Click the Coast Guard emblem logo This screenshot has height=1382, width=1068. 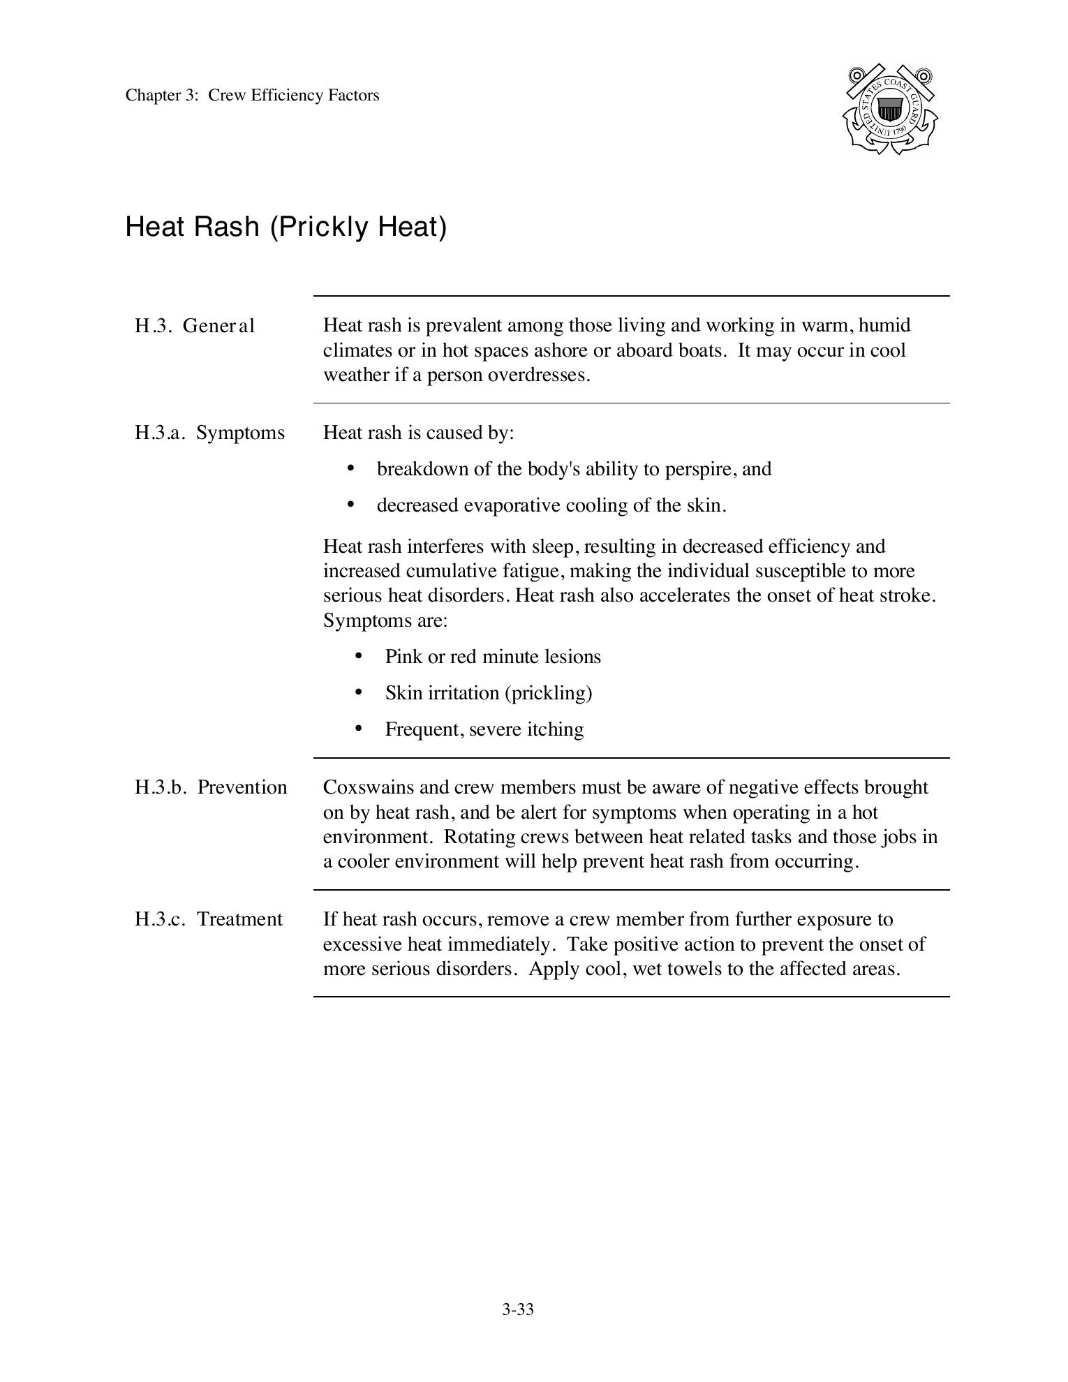pyautogui.click(x=890, y=110)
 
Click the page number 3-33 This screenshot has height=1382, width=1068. pyautogui.click(x=517, y=1309)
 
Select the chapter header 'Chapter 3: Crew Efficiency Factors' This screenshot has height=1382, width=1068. pyautogui.click(x=252, y=96)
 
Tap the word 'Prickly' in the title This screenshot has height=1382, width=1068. pyautogui.click(x=325, y=227)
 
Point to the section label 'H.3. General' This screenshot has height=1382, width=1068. pyautogui.click(x=195, y=326)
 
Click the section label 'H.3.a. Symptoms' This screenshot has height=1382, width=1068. pyautogui.click(x=209, y=433)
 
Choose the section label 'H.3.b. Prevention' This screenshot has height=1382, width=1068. pyautogui.click(x=211, y=787)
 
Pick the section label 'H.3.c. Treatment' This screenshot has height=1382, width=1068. pyautogui.click(x=209, y=919)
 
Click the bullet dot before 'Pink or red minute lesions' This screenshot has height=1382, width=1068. pyautogui.click(x=359, y=656)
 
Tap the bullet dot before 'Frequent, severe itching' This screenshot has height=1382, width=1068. pyautogui.click(x=359, y=729)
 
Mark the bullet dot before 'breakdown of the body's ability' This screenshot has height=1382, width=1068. pyautogui.click(x=350, y=468)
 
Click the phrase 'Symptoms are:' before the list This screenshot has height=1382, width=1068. pyautogui.click(x=385, y=621)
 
